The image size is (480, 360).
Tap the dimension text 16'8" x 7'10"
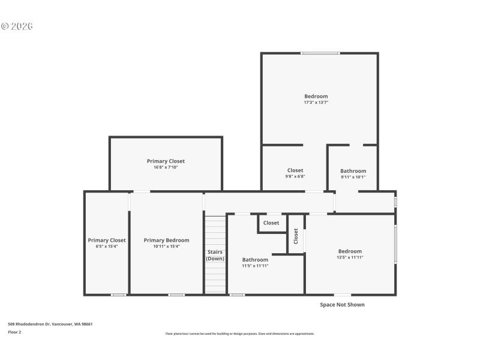tap(166, 167)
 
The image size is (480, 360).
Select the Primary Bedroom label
tap(166, 241)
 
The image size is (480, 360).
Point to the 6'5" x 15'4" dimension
tap(107, 247)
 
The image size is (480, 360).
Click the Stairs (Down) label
tap(215, 255)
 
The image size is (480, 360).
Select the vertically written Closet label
tap(296, 236)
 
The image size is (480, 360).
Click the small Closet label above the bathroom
tap(271, 223)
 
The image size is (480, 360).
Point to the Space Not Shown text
tap(342, 305)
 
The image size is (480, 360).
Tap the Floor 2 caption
tap(14, 332)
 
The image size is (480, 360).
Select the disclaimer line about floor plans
tap(239, 334)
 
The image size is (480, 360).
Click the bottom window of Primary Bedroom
tap(176, 295)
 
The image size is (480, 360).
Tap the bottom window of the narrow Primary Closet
tap(118, 295)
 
